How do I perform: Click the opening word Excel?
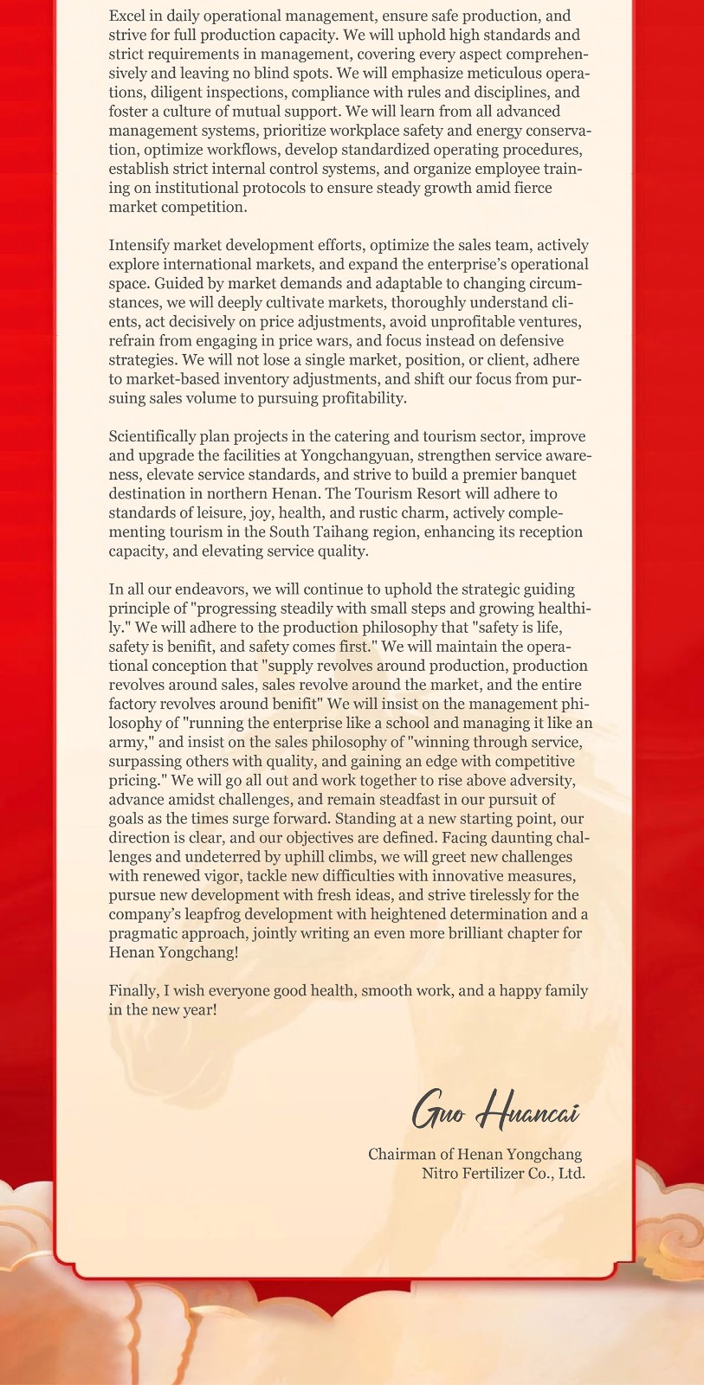point(127,16)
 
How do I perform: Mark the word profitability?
point(360,398)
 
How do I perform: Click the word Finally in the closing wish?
point(133,990)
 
